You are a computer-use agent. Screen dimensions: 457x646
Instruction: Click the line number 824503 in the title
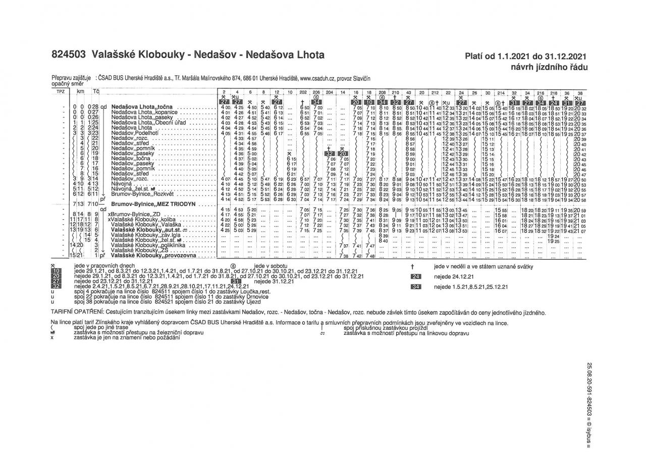[70, 55]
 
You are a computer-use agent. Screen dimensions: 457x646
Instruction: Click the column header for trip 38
[580, 93]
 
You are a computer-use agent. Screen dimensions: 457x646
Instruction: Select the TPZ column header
[61, 92]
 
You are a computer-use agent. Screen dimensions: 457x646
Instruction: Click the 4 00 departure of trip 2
[226, 108]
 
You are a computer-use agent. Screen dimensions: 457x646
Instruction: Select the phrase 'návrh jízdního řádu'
[549, 67]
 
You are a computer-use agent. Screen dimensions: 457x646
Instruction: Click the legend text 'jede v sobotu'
[272, 266]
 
